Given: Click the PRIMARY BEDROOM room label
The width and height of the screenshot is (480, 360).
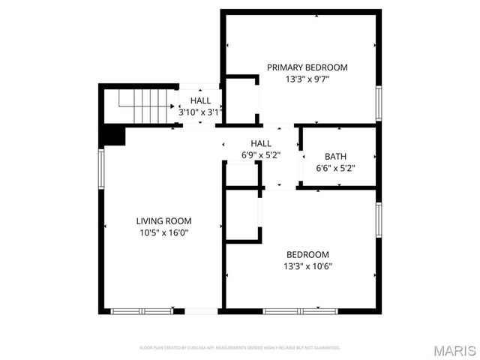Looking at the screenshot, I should click(x=307, y=67).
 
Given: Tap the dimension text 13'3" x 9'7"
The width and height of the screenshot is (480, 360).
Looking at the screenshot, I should click(x=307, y=78).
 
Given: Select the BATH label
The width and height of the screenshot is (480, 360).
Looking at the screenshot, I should click(x=335, y=157).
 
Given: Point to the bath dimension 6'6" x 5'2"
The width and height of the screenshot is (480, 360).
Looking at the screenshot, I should click(x=335, y=168).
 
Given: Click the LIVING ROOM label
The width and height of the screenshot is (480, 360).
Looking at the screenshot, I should click(x=163, y=220).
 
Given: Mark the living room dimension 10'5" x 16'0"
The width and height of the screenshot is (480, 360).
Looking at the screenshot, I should click(x=163, y=232).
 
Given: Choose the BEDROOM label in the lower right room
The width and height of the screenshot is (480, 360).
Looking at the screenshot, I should click(x=307, y=254).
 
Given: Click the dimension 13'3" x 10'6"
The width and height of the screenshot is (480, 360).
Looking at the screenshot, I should click(x=307, y=265).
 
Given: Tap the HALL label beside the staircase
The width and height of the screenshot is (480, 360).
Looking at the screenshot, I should click(x=200, y=100).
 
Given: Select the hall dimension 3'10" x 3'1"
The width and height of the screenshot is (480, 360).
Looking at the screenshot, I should click(x=200, y=112).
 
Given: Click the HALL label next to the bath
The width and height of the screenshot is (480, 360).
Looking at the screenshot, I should click(x=261, y=143).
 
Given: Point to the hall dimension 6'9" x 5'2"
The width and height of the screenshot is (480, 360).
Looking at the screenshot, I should click(x=261, y=155).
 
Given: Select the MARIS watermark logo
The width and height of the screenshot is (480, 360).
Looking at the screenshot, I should click(x=454, y=351).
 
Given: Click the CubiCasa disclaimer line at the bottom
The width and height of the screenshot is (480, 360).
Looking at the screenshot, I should click(x=240, y=348).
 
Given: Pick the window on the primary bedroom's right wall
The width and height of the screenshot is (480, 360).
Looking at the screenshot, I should click(x=379, y=103).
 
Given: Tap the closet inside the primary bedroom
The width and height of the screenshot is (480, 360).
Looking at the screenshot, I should click(x=241, y=98).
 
